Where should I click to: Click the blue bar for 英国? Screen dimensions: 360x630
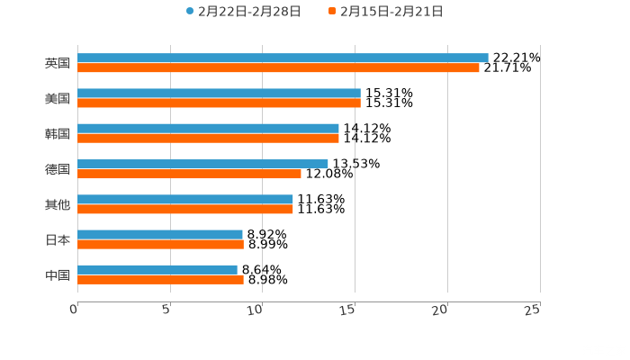click(x=283, y=58)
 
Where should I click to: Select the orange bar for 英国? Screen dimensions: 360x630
click(x=278, y=67)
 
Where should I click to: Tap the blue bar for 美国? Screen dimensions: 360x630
click(x=219, y=93)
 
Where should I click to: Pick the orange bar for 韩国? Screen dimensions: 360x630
click(x=208, y=139)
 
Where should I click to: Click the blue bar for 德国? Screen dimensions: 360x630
click(x=202, y=164)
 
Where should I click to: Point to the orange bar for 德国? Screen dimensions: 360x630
click(x=189, y=174)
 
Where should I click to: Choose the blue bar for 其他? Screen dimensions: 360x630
click(x=184, y=199)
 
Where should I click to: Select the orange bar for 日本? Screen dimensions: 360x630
click(x=160, y=244)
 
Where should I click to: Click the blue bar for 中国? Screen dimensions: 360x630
click(x=157, y=269)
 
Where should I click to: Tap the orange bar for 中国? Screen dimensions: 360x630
click(x=160, y=279)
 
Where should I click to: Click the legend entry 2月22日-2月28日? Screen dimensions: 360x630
click(x=243, y=12)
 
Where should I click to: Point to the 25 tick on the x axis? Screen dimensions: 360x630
click(x=533, y=310)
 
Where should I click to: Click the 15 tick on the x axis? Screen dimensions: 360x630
click(x=347, y=310)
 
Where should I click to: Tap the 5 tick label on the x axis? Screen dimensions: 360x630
click(x=166, y=310)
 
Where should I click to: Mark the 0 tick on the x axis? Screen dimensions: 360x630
click(x=74, y=310)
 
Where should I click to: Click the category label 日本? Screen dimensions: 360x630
click(x=58, y=240)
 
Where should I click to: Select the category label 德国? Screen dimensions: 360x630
click(x=58, y=169)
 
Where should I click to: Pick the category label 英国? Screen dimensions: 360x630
click(x=58, y=63)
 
